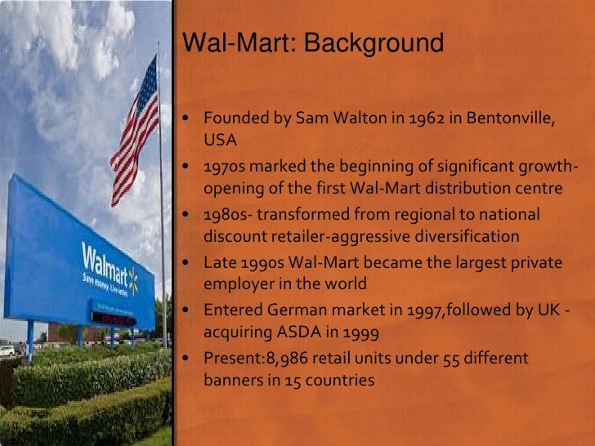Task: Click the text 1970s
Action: tap(226, 167)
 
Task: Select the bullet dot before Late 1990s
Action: tap(187, 263)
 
